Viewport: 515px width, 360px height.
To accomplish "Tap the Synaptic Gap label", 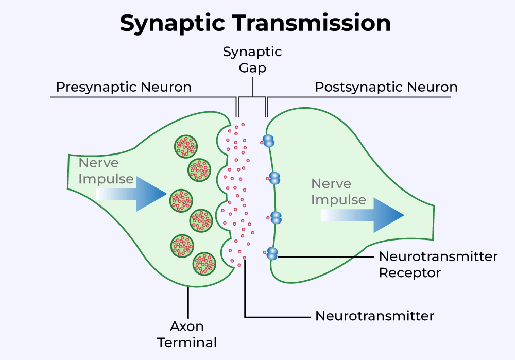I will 252,59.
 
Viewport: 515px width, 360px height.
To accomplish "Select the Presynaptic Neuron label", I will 124,87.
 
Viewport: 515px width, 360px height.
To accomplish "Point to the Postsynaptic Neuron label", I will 386,87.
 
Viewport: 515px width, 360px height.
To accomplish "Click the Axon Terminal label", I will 187,334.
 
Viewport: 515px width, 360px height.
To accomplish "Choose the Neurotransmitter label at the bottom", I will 374,316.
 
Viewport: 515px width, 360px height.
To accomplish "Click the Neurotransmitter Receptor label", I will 438,264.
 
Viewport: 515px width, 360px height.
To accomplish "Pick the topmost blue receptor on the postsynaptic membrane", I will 269,140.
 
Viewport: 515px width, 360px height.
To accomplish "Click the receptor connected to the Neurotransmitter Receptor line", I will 272,253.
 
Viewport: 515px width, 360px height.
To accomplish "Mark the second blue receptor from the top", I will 275,178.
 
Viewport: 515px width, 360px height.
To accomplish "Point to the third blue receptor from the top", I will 276,217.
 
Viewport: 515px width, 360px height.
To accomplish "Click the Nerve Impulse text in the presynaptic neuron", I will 106,171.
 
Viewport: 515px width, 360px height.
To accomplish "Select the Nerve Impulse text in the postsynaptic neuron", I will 338,192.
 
